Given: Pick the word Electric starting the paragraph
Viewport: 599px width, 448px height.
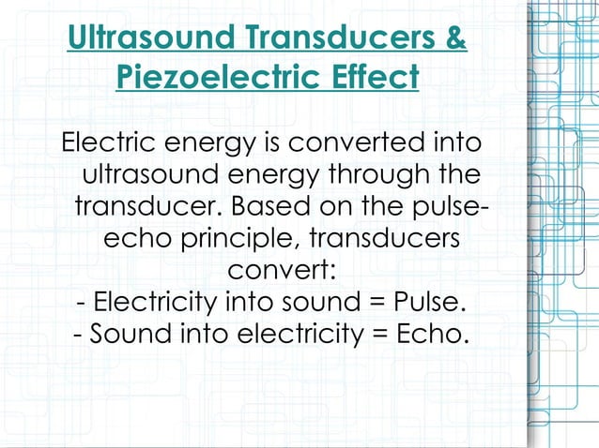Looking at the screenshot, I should point(108,144).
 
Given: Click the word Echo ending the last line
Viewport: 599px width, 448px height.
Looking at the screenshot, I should point(431,334).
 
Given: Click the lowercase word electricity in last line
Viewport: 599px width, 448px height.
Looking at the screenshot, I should point(295,334).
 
